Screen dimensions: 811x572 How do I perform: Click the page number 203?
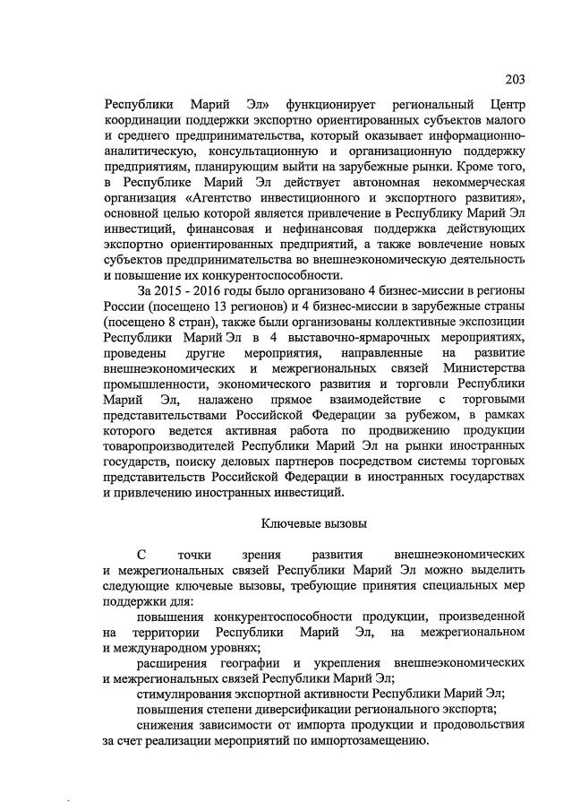pos(514,78)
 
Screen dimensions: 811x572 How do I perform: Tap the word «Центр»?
pos(503,103)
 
